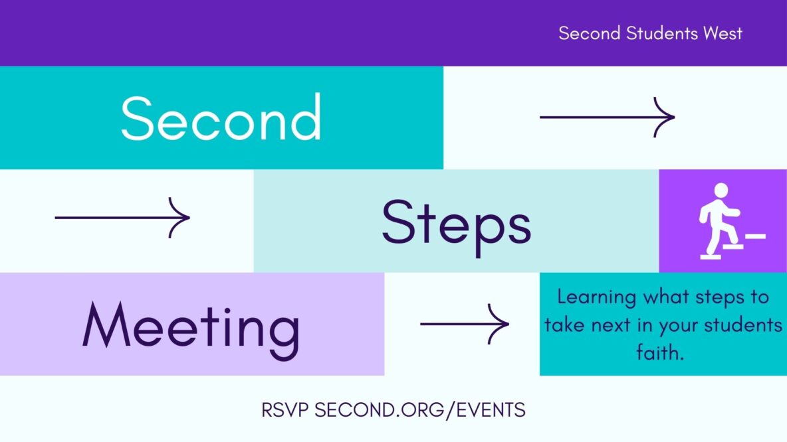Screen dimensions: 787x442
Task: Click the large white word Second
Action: click(221, 117)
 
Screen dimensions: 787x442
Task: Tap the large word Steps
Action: click(456, 226)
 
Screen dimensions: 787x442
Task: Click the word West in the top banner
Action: click(723, 33)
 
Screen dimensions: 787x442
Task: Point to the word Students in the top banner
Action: click(662, 33)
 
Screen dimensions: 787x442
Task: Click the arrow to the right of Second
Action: click(608, 117)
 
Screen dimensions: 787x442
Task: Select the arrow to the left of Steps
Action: click(122, 218)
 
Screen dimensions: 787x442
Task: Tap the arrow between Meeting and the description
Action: click(465, 325)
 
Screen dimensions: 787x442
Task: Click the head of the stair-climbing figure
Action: click(721, 190)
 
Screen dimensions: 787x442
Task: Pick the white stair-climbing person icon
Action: click(732, 221)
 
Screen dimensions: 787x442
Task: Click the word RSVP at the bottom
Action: click(285, 410)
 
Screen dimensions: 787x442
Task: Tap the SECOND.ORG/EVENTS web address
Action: click(420, 410)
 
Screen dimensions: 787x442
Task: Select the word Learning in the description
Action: click(597, 298)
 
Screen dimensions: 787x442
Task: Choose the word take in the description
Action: click(565, 325)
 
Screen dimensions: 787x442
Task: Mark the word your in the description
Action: click(677, 327)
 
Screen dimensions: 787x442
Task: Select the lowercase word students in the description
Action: click(743, 325)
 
